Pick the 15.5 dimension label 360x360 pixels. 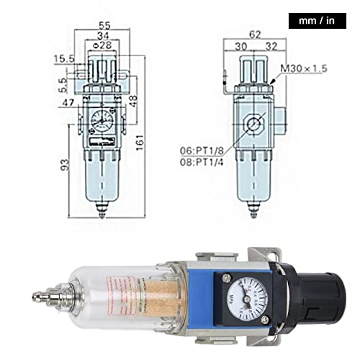coord(64,58)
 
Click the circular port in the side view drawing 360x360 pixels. coord(253,124)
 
